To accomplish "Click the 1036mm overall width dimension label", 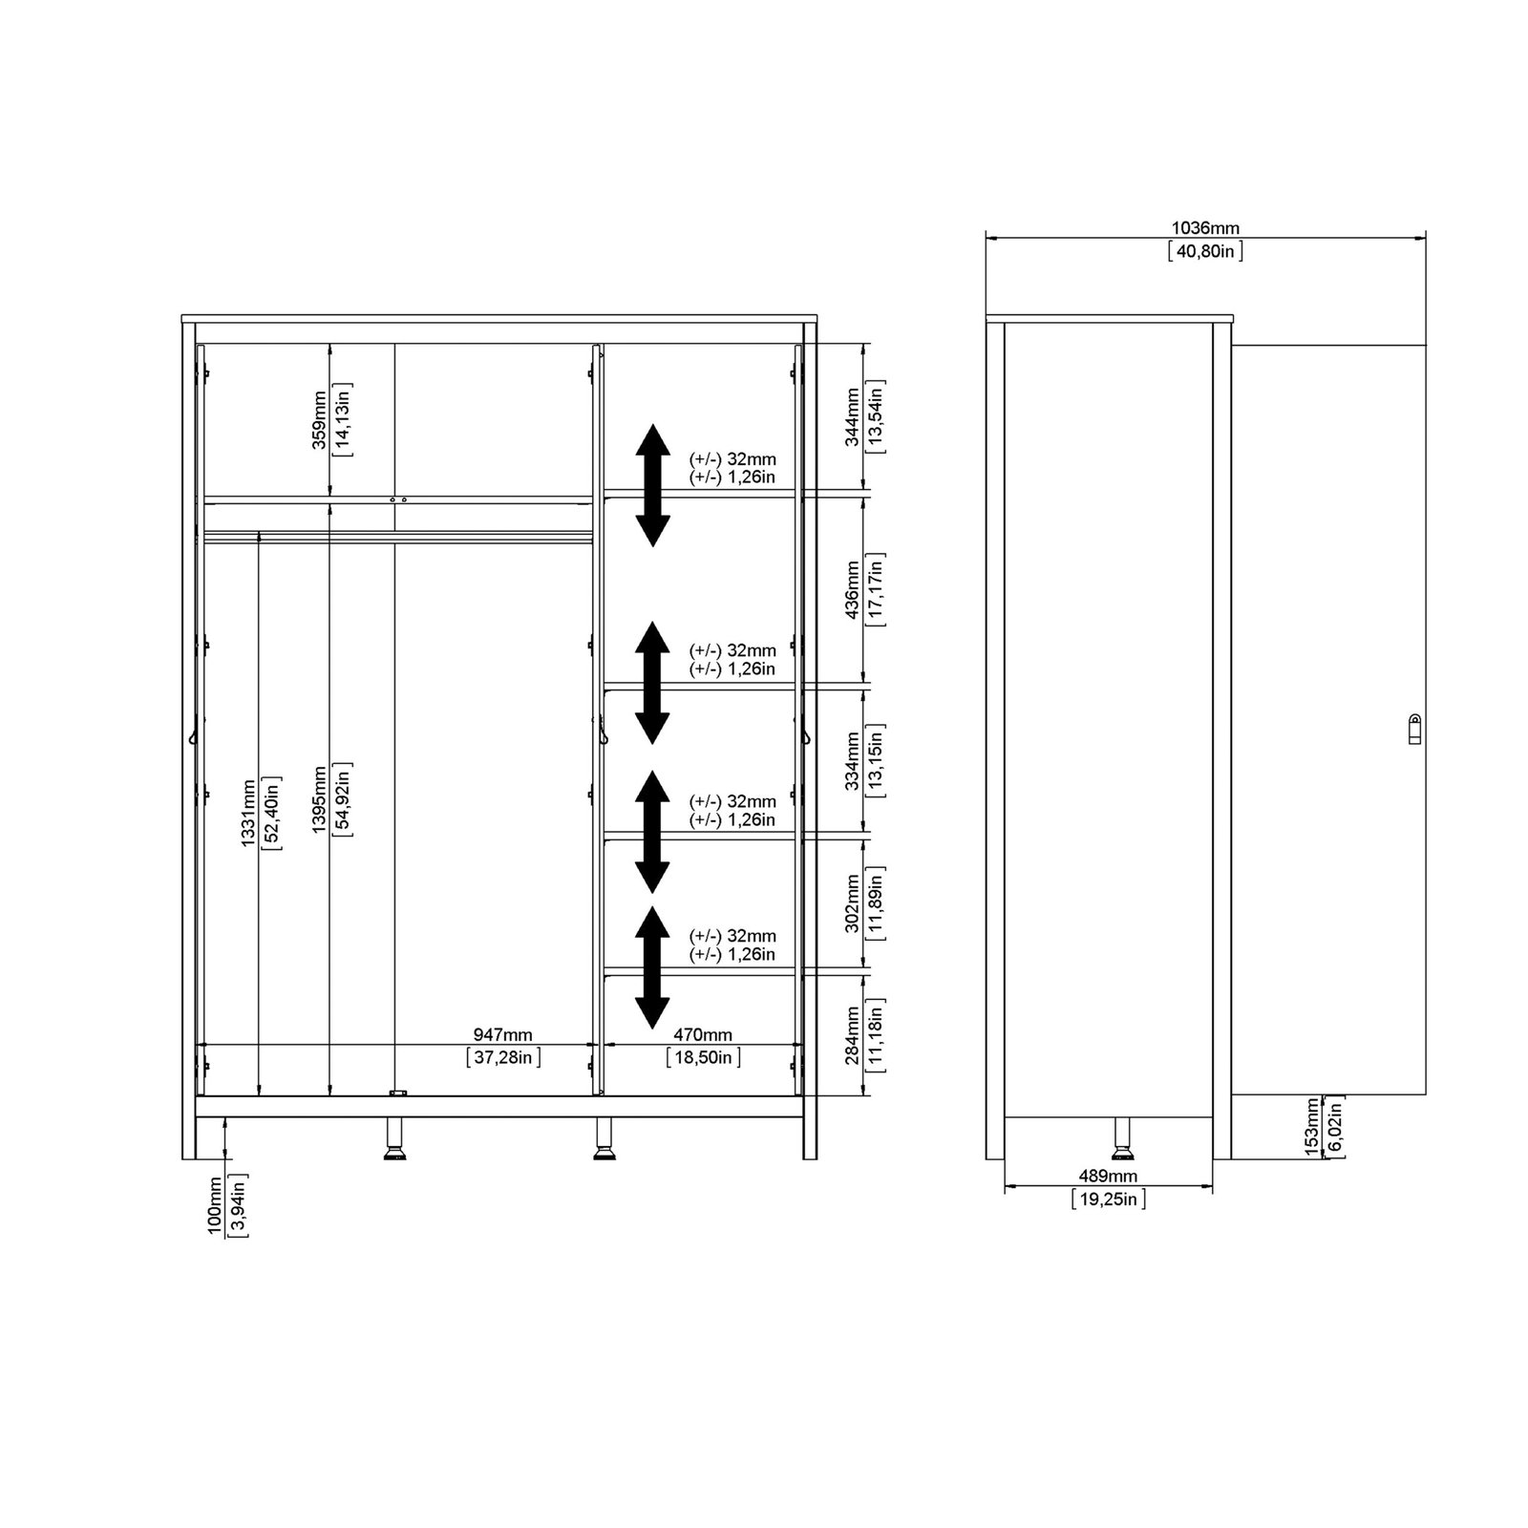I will coord(1205,229).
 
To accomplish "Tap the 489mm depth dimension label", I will coord(1108,1177).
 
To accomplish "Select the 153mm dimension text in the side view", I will coord(1312,1128).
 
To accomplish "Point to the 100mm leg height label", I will coord(216,1206).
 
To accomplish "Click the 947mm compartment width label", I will coord(503,1035).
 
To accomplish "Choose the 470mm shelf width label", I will coord(703,1035).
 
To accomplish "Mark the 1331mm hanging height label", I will coord(247,813).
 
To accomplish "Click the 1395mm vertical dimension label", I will coord(319,799).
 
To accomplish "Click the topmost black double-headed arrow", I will coord(652,485).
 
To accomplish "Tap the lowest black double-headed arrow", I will coord(652,966).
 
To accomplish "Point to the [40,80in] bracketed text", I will coord(1205,251).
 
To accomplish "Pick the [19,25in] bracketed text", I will coord(1108,1199).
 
